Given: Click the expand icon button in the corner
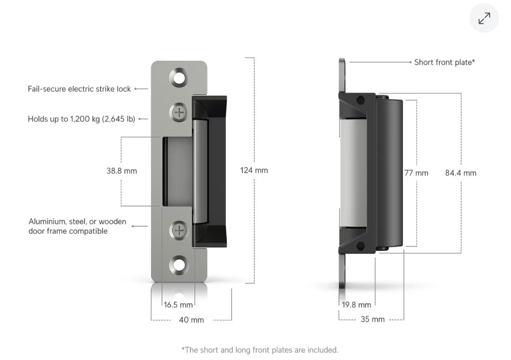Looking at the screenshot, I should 484,18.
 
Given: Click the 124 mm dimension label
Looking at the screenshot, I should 254,170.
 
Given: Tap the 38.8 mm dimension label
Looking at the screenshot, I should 122,171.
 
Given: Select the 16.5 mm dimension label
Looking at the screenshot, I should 178,305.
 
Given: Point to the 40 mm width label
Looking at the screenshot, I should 191,320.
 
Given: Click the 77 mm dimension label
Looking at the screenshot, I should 416,173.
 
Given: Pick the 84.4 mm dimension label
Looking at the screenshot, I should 460,173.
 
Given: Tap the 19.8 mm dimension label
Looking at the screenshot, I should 356,305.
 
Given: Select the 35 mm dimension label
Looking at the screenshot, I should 372,319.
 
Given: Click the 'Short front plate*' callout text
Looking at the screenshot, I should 444,62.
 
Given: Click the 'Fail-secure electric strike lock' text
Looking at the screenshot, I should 79,89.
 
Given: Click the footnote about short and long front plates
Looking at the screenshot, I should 260,350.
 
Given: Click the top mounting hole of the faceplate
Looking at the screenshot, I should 179,78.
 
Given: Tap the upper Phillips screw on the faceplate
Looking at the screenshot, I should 179,112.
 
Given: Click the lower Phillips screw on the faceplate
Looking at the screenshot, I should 179,230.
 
